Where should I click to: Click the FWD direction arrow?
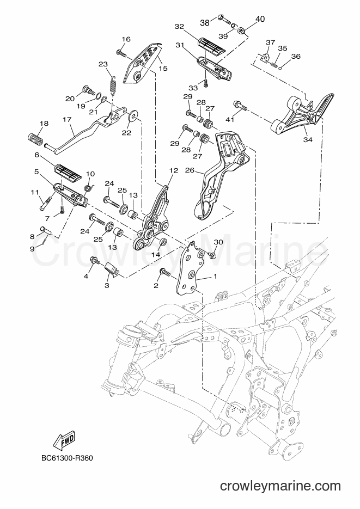63,441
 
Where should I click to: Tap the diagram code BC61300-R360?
67,458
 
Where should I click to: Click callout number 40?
260,19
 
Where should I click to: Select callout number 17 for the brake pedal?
67,120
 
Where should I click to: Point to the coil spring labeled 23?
113,85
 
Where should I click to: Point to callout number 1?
215,277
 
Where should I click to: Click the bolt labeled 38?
224,18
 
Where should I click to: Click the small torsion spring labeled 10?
89,187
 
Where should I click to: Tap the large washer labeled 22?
133,115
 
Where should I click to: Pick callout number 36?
296,56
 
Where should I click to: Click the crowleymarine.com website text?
280,486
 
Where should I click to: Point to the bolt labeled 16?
121,53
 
